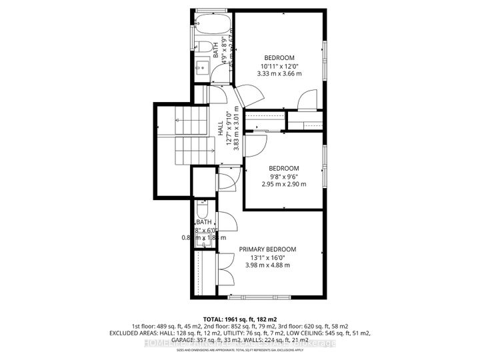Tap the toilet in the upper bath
[204, 46]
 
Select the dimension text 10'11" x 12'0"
[280, 66]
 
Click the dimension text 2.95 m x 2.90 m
[283, 185]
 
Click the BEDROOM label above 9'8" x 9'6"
[283, 168]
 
